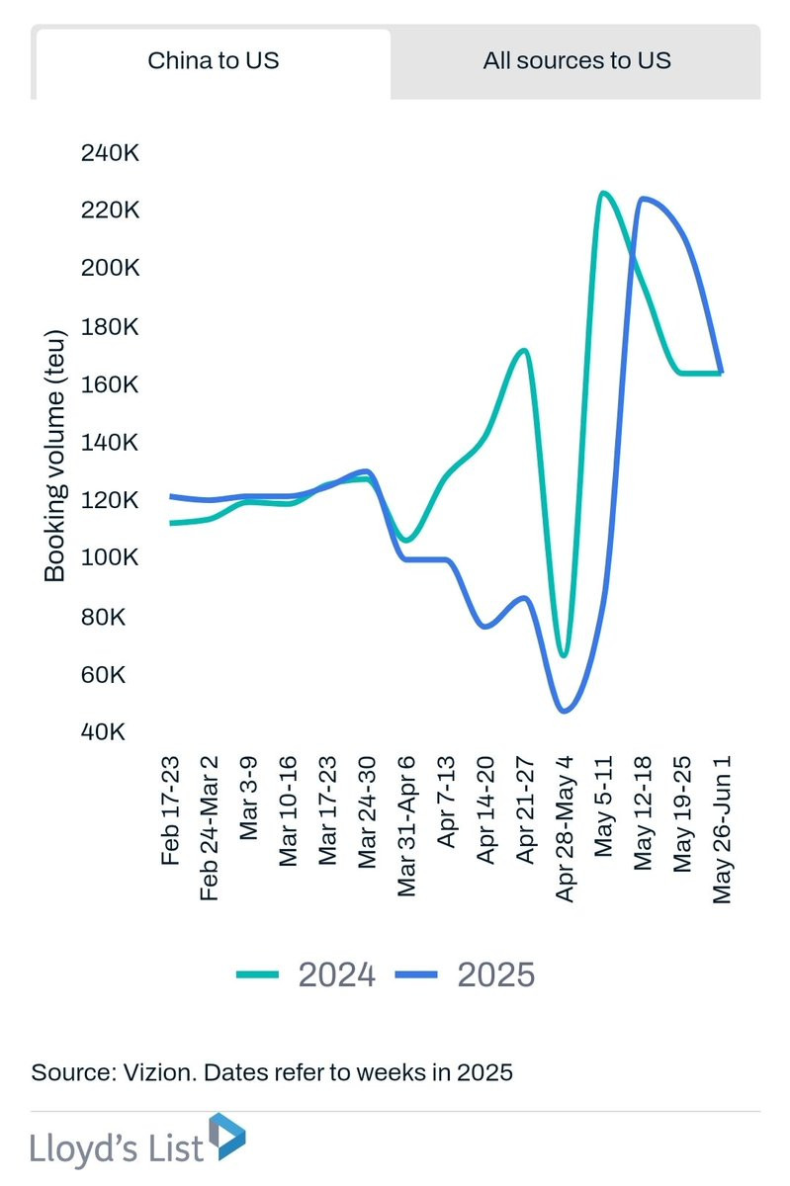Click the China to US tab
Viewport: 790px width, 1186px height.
[x=213, y=60]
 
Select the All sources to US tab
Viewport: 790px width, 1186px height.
[x=576, y=60]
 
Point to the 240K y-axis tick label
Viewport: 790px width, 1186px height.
[x=109, y=153]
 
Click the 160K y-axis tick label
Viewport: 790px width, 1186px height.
[x=109, y=384]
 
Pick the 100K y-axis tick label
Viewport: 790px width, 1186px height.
[x=109, y=558]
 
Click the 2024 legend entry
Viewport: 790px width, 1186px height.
[x=307, y=974]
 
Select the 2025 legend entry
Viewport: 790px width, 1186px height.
[x=466, y=974]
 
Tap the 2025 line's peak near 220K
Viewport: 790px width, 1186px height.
[x=645, y=199]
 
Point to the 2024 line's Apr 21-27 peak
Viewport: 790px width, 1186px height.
[x=524, y=350]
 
